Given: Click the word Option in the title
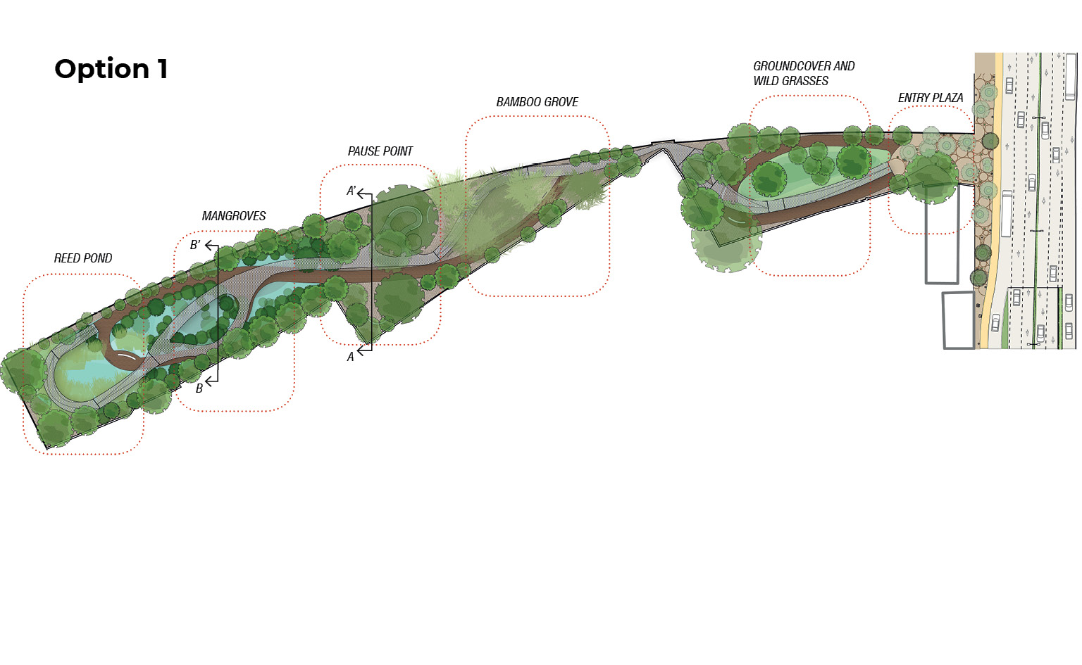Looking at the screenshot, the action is pos(101,70).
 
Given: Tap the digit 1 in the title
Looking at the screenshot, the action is pos(163,68).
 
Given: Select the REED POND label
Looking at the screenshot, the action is pos(83,258).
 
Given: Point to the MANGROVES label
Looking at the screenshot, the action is pos(234,216).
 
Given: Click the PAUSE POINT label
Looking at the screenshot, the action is pos(380,151).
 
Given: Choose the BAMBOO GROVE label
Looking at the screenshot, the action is pos(537,102).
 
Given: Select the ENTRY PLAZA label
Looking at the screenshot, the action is pos(931,98).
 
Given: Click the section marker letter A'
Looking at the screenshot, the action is pos(352,191).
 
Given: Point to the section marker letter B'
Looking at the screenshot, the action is pos(195,245).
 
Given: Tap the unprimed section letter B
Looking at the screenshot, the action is pos(199,388).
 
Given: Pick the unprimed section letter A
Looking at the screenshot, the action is pos(351,357).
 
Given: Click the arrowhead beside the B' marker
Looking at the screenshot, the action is pos(209,246).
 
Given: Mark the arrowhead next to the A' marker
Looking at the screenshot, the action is pos(361,194).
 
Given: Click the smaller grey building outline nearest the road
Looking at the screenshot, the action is pos(958,320).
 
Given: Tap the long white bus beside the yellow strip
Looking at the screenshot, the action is pos(1007,214).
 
